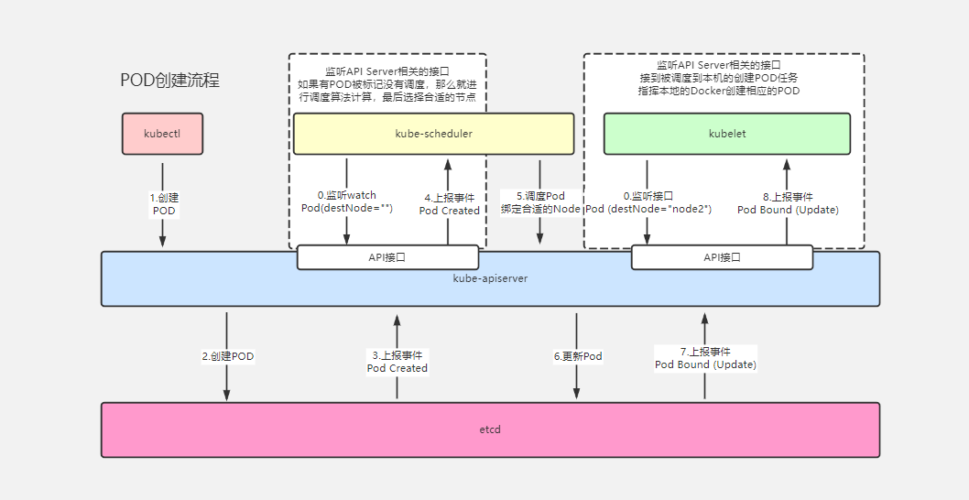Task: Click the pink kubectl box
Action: [162, 134]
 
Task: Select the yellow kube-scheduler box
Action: [433, 134]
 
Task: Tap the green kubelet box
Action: [727, 134]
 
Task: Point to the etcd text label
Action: [490, 429]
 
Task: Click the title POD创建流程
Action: [170, 81]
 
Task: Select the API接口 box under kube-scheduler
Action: [387, 257]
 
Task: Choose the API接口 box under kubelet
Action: [722, 257]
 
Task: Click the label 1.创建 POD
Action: [164, 204]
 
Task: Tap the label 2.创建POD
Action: [228, 356]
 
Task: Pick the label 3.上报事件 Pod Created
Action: [397, 361]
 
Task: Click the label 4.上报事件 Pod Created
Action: [449, 203]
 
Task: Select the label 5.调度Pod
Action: [540, 196]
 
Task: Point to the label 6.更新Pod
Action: [578, 356]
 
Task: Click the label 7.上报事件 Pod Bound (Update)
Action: [705, 358]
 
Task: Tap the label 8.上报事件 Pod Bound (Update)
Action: [788, 202]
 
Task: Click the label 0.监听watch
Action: [347, 195]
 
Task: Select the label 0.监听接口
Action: [648, 196]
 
